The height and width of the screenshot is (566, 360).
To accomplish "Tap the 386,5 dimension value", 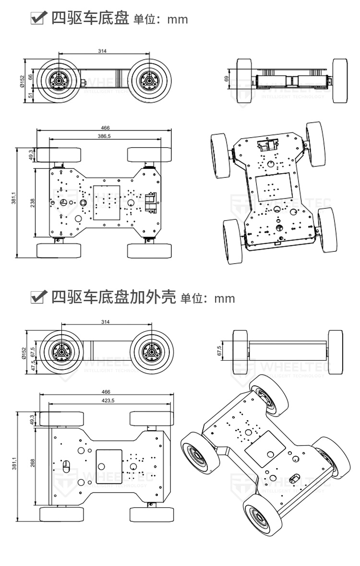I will pyautogui.click(x=104, y=136).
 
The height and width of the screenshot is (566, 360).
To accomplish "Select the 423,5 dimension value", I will pyautogui.click(x=105, y=401).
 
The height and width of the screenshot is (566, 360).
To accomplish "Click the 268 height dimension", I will pyautogui.click(x=32, y=463).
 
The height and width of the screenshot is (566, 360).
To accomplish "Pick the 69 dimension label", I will pyautogui.click(x=226, y=79).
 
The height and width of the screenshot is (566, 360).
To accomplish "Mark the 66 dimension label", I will pyautogui.click(x=31, y=76).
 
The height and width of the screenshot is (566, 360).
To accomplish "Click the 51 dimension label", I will pyautogui.click(x=31, y=95).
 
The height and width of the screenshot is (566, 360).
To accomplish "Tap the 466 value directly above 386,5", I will pyautogui.click(x=105, y=128).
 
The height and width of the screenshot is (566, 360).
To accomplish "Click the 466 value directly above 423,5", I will pyautogui.click(x=105, y=392).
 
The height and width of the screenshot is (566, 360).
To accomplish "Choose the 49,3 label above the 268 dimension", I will pyautogui.click(x=32, y=419).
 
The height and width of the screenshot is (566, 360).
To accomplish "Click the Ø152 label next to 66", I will pyautogui.click(x=22, y=82).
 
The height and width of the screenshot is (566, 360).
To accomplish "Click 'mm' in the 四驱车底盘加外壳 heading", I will pyautogui.click(x=225, y=299).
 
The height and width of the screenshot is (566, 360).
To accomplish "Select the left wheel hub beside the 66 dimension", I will pyautogui.click(x=60, y=81).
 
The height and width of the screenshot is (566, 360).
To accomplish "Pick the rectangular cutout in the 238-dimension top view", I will pyautogui.click(x=106, y=203).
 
